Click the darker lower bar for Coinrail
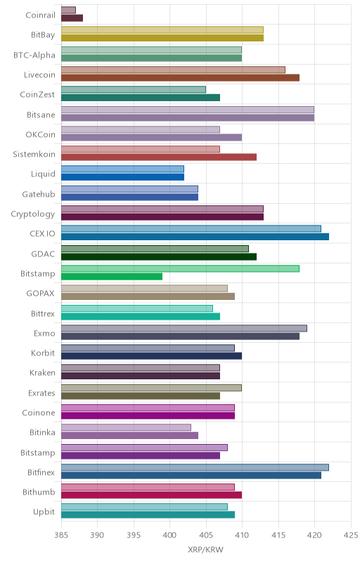pyautogui.click(x=72, y=18)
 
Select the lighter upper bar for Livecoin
pyautogui.click(x=173, y=70)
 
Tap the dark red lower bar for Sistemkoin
pyautogui.click(x=159, y=157)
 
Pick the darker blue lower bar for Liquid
pyautogui.click(x=122, y=177)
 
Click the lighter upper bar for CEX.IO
pyautogui.click(x=191, y=229)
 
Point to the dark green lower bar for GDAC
pyautogui.click(x=159, y=256)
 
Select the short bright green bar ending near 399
pyautogui.click(x=112, y=276)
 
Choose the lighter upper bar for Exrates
pyautogui.click(x=151, y=388)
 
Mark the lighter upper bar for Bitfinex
pyautogui.click(x=195, y=467)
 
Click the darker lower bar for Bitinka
pyautogui.click(x=130, y=436)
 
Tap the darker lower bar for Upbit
pyautogui.click(x=148, y=515)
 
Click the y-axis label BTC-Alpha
pyautogui.click(x=34, y=55)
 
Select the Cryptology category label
pyautogui.click(x=33, y=214)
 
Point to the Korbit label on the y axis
pyautogui.click(x=43, y=353)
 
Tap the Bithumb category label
pyautogui.click(x=39, y=492)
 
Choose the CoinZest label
pyautogui.click(x=38, y=95)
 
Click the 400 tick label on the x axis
pyautogui.click(x=169, y=535)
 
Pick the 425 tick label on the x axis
pyautogui.click(x=351, y=535)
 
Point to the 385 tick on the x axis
pyautogui.click(x=61, y=535)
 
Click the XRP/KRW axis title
pyautogui.click(x=205, y=550)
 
